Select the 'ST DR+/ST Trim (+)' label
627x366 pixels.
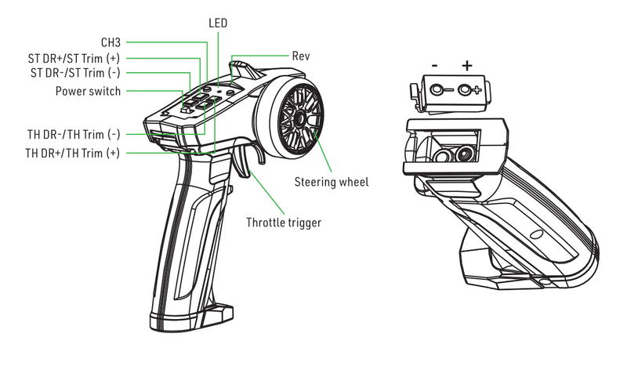74,57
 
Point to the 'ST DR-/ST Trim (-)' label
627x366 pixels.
75,73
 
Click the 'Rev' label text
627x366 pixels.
301,56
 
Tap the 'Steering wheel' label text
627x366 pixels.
332,182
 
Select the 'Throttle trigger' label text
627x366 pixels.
284,223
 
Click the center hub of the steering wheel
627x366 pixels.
299,119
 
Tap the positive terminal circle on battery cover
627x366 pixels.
467,89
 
